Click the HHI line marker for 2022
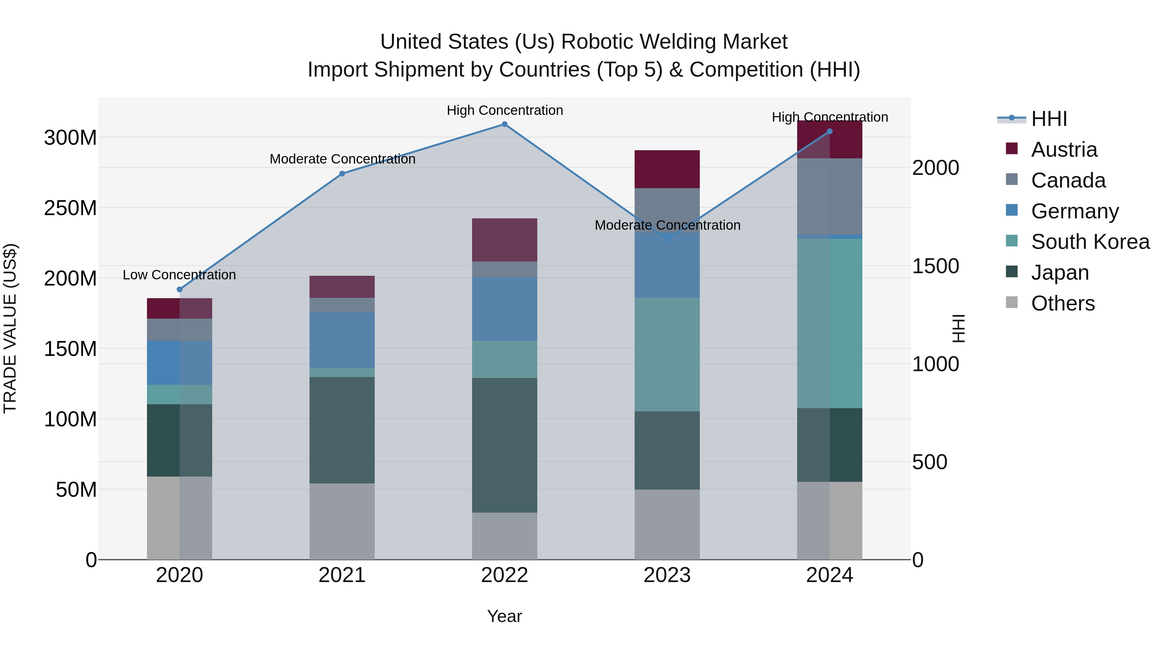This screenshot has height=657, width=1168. pos(504,124)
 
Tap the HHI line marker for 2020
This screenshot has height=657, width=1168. pos(179,289)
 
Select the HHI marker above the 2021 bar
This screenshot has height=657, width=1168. pos(342,174)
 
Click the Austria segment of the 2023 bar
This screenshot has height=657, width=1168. pos(667,169)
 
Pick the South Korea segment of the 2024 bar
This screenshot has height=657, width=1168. pos(830,323)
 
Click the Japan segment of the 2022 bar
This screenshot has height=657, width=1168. pos(504,445)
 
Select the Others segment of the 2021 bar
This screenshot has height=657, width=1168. pos(342,521)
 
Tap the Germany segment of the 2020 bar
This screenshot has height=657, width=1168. pos(179,363)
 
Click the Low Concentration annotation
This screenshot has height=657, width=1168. pos(179,275)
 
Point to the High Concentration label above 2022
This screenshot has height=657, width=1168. pos(505,110)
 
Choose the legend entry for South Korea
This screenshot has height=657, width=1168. pos(1090,242)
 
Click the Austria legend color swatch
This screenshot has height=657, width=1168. pos(1012,149)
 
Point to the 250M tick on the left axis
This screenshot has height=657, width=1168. pos(70,208)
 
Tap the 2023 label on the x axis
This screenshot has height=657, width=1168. pos(667,575)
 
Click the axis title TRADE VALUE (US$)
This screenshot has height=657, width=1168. pos(10,328)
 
